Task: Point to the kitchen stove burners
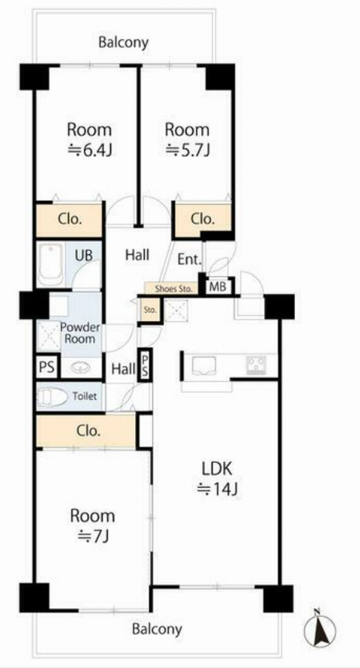coord(256,365)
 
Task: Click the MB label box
coord(218,287)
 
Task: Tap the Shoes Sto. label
coord(174,289)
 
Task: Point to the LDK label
coord(217,469)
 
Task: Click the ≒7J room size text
coord(93,536)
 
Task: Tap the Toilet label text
coord(85,396)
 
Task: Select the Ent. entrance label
coord(189,259)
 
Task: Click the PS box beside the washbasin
coord(47,367)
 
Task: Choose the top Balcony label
coord(123,42)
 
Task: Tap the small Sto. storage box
coord(149,309)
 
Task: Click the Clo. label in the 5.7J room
coord(203,219)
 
